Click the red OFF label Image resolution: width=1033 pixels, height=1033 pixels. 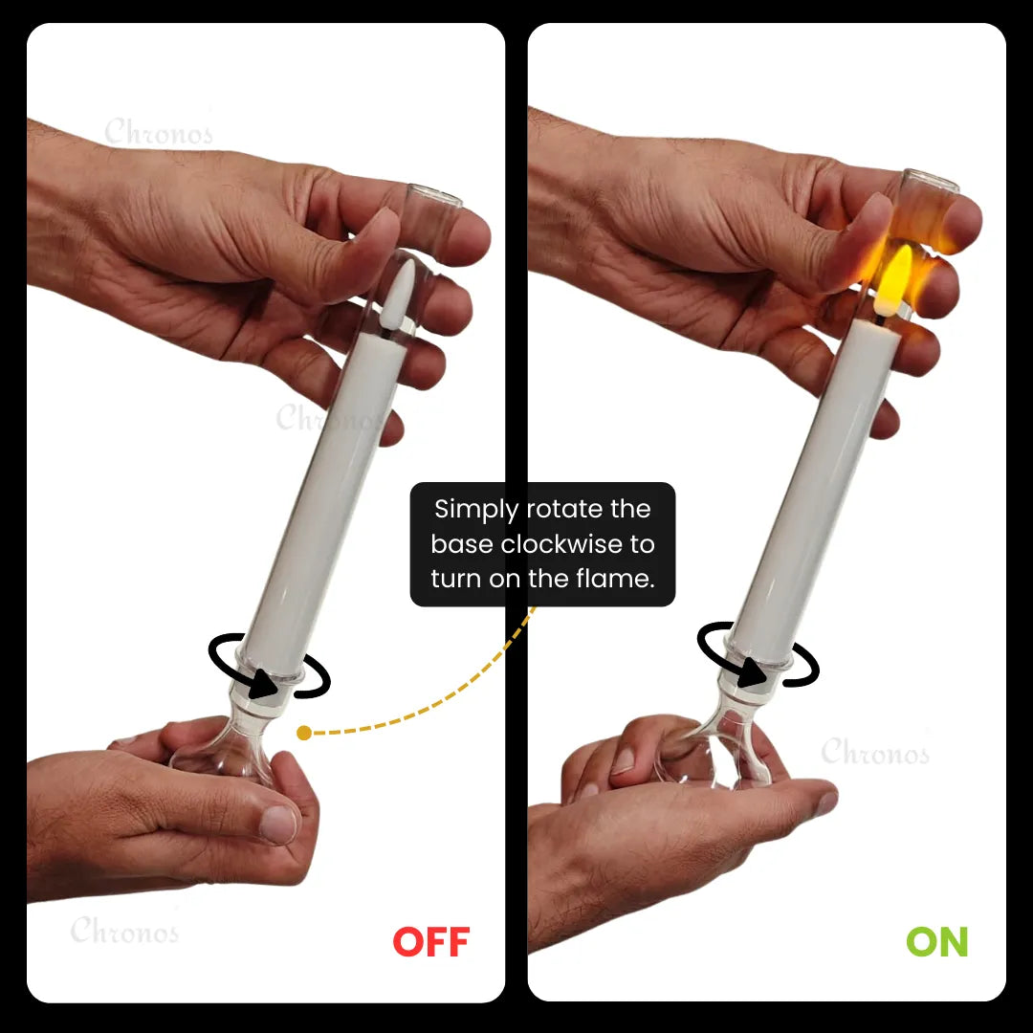431,942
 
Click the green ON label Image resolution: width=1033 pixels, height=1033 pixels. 936,942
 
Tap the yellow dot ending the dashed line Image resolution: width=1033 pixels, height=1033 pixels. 304,734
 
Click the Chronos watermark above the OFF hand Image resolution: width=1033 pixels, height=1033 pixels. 158,132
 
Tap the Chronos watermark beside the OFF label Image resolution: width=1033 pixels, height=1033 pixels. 124,930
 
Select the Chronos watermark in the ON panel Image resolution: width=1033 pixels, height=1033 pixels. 874,752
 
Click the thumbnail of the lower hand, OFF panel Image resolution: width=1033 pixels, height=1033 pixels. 278,824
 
